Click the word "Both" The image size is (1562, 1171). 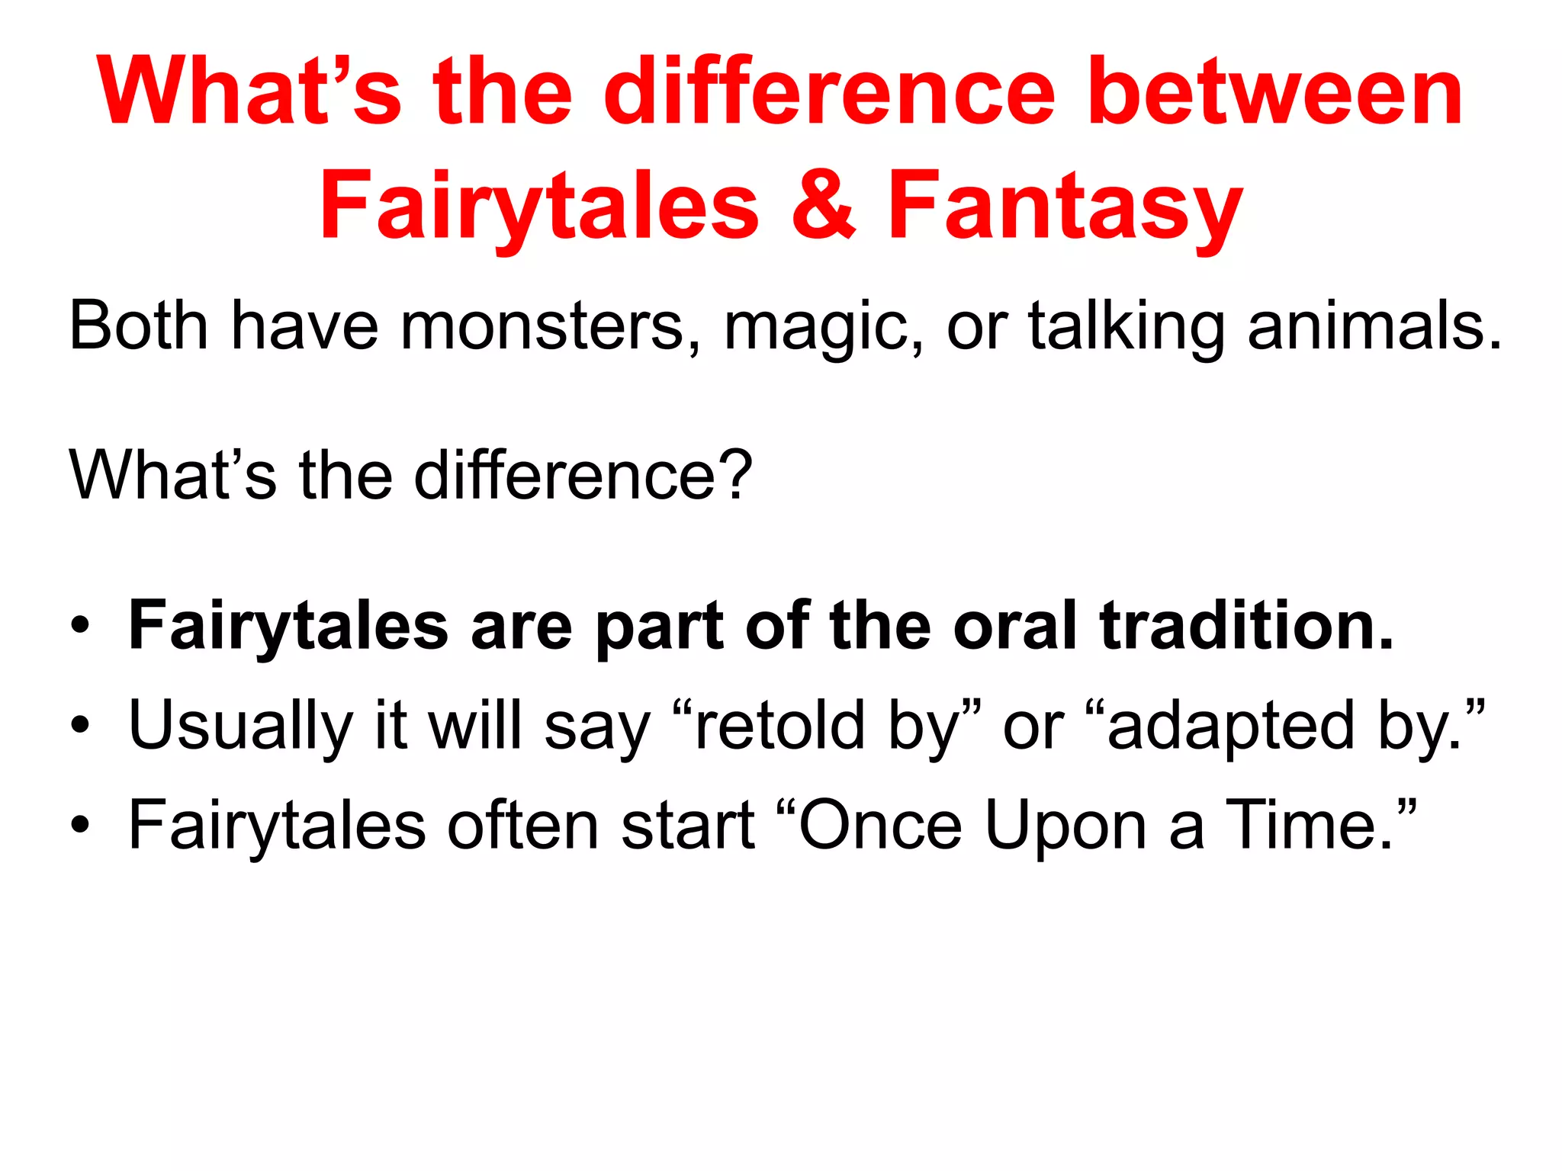point(138,326)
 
